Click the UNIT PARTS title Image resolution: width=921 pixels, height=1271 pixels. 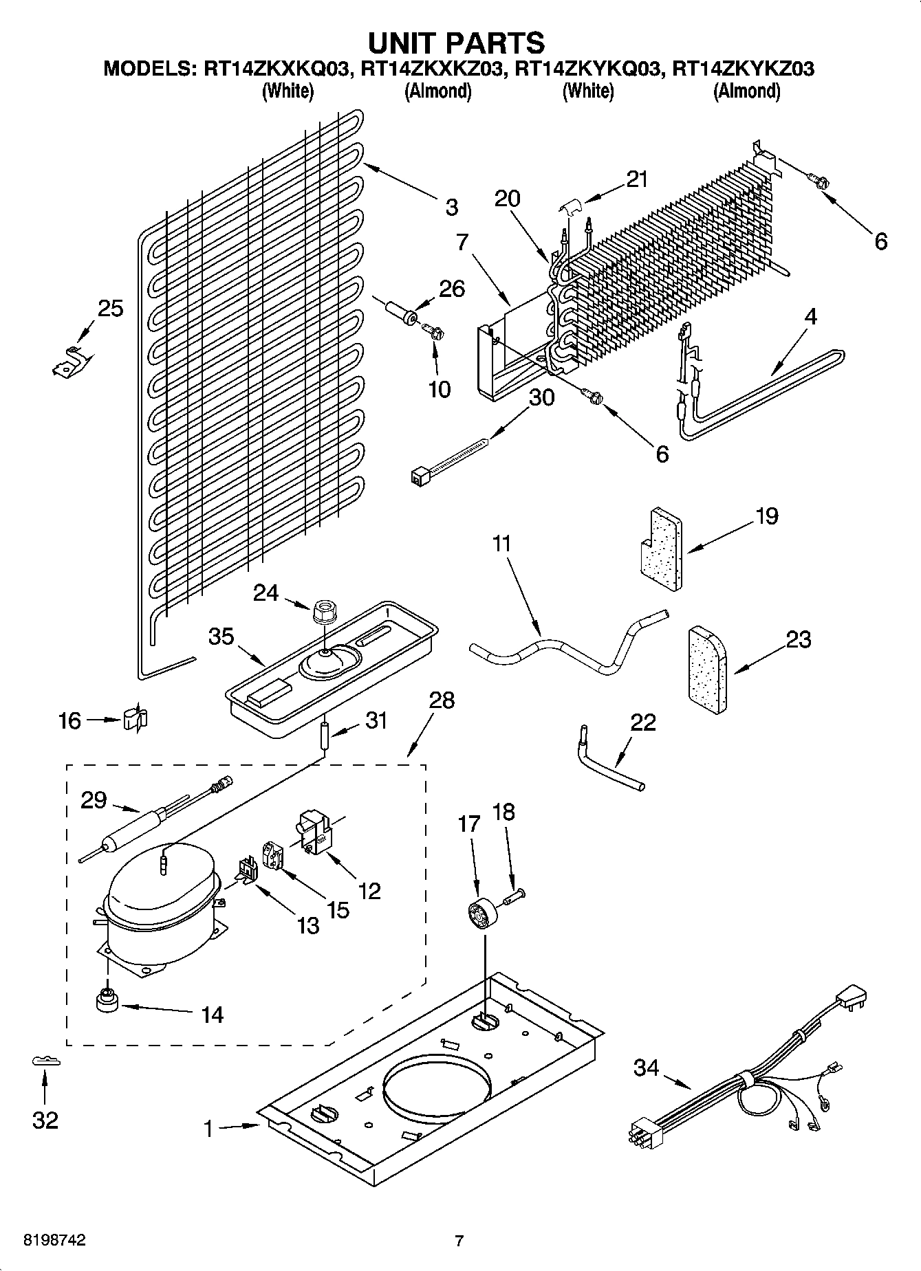point(457,43)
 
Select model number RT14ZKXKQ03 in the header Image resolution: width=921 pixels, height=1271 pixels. point(273,69)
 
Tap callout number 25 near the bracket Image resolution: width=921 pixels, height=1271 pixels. point(110,309)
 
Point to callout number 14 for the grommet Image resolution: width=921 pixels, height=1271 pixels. point(213,1014)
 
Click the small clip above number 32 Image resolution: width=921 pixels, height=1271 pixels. point(46,1061)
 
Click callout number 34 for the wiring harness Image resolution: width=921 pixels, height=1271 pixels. point(646,1068)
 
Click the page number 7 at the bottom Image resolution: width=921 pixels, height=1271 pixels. point(459,1241)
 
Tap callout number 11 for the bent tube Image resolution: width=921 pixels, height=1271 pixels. point(502,544)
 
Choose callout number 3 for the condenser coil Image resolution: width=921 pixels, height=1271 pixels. point(451,206)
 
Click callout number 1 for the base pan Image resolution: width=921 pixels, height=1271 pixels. point(209,1129)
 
